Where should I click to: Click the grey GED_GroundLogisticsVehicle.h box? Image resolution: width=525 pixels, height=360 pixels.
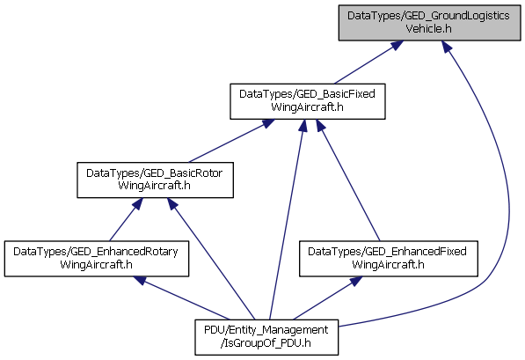pyautogui.click(x=429, y=23)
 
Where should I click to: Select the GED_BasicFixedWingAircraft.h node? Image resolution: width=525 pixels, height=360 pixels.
pyautogui.click(x=308, y=101)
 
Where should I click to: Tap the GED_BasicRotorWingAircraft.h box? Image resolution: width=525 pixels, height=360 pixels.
pyautogui.click(x=155, y=180)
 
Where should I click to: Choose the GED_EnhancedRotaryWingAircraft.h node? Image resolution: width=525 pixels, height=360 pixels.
pyautogui.click(x=97, y=259)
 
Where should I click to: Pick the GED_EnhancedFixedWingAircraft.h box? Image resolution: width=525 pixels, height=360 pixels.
pyautogui.click(x=389, y=259)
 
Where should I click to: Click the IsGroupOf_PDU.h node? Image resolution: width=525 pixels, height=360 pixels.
pyautogui.click(x=266, y=337)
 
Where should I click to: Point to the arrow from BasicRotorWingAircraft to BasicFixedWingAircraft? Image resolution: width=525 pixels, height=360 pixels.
pyautogui.click(x=231, y=141)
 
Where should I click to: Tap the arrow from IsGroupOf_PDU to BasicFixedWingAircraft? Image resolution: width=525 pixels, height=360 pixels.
pyautogui.click(x=287, y=219)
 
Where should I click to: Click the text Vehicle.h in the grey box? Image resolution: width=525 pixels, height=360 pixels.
pyautogui.click(x=428, y=29)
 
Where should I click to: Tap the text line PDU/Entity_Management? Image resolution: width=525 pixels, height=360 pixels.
pyautogui.click(x=266, y=330)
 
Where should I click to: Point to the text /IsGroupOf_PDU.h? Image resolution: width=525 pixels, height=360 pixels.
pyautogui.click(x=266, y=343)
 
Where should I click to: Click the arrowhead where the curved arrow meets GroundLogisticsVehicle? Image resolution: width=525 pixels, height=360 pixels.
pyautogui.click(x=447, y=47)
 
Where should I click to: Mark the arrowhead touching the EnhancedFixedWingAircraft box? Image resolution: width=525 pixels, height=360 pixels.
pyautogui.click(x=356, y=281)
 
